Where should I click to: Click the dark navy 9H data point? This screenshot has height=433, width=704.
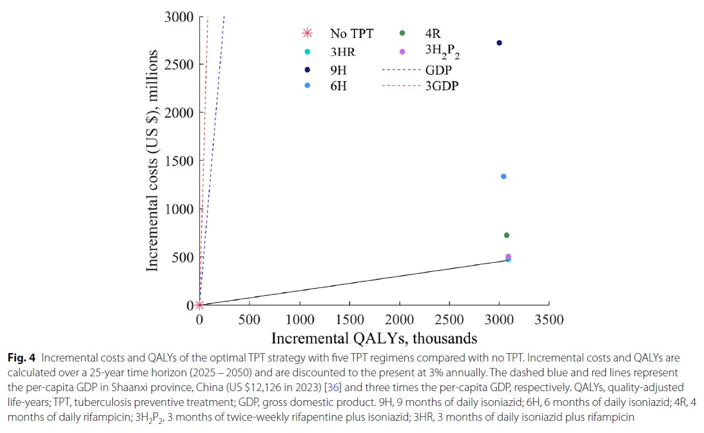[499, 43]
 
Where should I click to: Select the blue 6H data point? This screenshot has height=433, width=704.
[504, 177]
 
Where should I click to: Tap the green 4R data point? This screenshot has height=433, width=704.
[507, 235]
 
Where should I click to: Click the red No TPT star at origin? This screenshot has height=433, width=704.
[200, 305]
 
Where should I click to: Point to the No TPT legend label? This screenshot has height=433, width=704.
[351, 34]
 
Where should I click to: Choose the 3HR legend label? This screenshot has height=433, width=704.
[342, 52]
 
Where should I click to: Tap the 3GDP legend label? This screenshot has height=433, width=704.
[441, 86]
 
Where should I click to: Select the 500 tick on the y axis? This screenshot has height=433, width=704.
[182, 257]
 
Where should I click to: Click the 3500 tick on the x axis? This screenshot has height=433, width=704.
[549, 320]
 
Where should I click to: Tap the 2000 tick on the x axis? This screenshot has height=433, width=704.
[400, 320]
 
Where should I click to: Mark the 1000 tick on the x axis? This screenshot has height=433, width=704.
[299, 320]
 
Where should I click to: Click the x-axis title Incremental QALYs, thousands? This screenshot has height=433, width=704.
[374, 338]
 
